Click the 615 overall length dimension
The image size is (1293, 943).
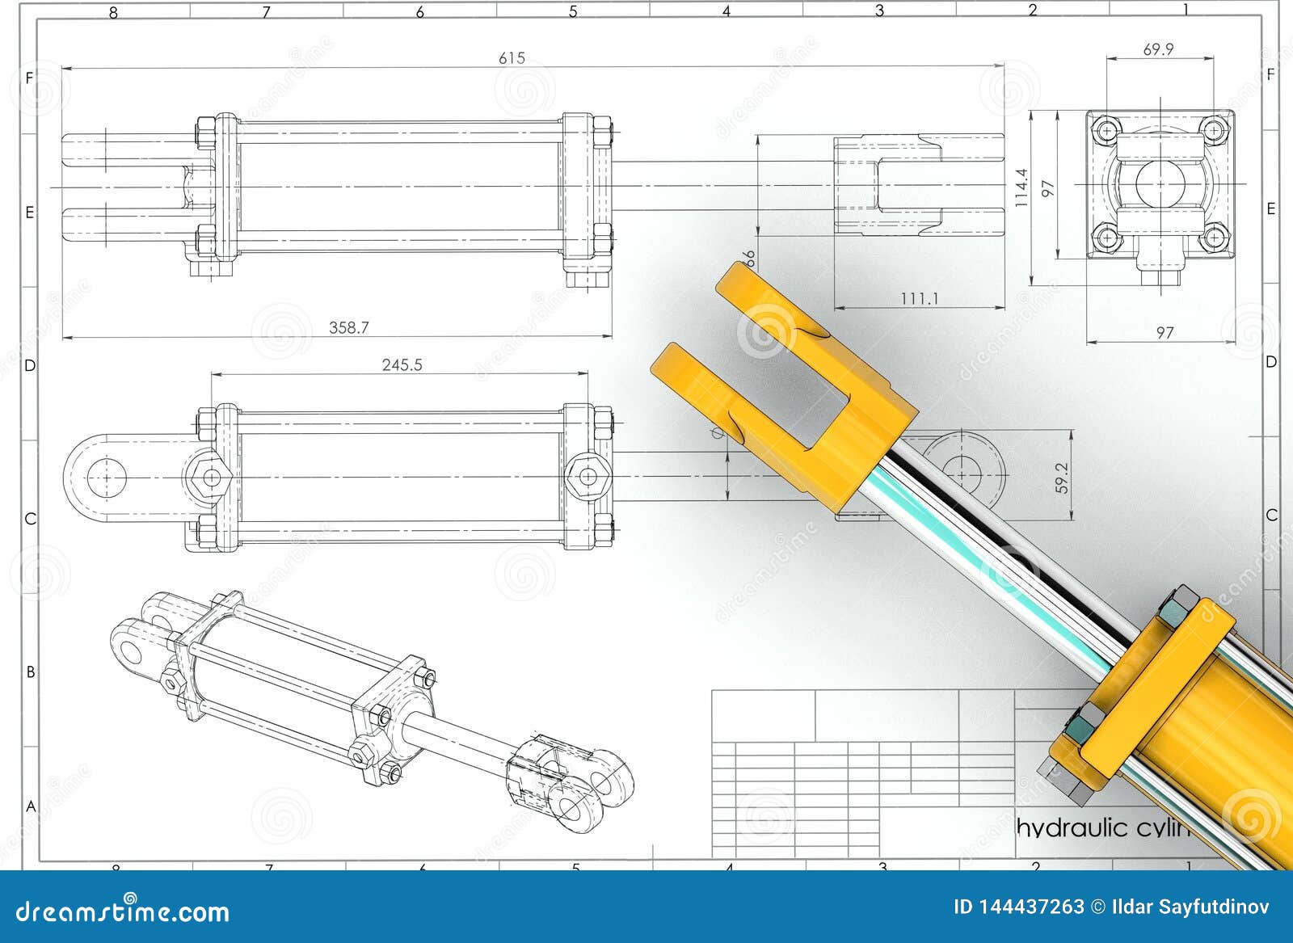pyautogui.click(x=512, y=57)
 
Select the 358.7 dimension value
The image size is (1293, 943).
pyautogui.click(x=348, y=327)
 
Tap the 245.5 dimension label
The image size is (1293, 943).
pyautogui.click(x=402, y=364)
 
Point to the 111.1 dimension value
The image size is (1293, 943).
pyautogui.click(x=920, y=299)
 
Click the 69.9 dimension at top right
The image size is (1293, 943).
pyautogui.click(x=1158, y=49)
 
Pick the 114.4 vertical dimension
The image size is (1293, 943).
pyautogui.click(x=1021, y=188)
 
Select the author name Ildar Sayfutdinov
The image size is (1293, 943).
pyautogui.click(x=1190, y=907)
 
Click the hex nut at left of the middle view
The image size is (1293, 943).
pyautogui.click(x=210, y=477)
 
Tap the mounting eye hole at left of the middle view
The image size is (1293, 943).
pyautogui.click(x=106, y=478)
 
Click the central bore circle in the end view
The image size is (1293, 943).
pyautogui.click(x=1160, y=183)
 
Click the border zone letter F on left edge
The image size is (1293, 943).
pyautogui.click(x=30, y=78)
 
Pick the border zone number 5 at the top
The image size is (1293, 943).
pyautogui.click(x=573, y=11)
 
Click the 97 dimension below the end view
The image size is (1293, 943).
pyautogui.click(x=1164, y=332)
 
